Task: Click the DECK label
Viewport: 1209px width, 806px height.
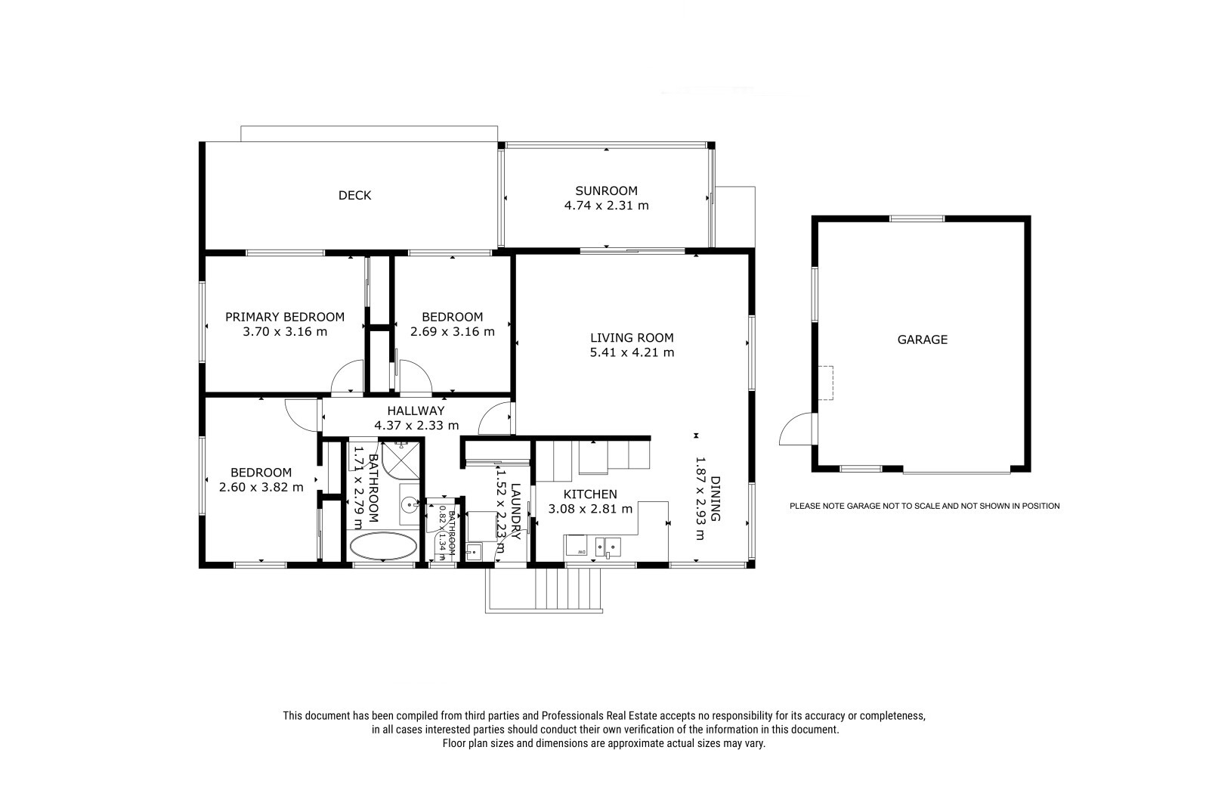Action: click(x=354, y=196)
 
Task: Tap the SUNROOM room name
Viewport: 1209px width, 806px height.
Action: click(x=606, y=191)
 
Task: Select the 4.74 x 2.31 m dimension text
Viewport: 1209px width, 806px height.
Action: click(x=606, y=206)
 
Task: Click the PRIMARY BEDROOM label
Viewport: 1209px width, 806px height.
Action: click(x=284, y=317)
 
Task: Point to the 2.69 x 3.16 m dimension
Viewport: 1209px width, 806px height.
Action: click(x=453, y=332)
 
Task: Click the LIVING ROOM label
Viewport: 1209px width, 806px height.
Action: click(x=632, y=338)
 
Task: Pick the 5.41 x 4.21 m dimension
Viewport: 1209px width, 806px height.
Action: click(x=632, y=353)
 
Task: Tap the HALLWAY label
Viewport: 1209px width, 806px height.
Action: click(x=416, y=411)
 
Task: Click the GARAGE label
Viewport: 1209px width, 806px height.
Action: click(x=923, y=339)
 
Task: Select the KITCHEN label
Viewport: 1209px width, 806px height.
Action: click(x=590, y=494)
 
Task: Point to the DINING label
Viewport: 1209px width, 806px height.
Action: click(x=715, y=498)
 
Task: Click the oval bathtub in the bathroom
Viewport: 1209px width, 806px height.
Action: click(x=383, y=546)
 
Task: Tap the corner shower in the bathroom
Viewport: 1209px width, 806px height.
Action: click(x=400, y=460)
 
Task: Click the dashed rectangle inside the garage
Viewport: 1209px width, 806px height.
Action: click(x=826, y=383)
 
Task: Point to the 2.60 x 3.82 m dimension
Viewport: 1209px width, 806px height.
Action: click(x=261, y=487)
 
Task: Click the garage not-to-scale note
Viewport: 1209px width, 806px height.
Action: click(x=925, y=506)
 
